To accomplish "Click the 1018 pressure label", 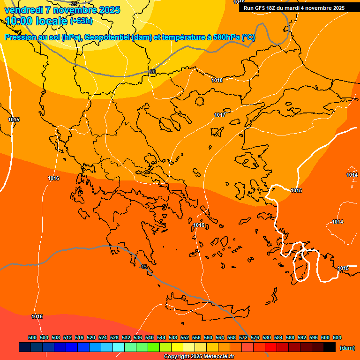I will click(217, 80).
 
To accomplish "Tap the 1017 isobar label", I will click(220, 115).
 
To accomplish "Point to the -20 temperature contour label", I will click(152, 72).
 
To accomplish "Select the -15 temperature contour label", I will click(144, 267).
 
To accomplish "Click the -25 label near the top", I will click(74, 4).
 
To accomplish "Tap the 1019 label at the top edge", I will click(239, 2).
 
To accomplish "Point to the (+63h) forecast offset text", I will click(81, 21).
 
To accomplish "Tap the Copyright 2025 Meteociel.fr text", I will click(199, 356).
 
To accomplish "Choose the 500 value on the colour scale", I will click(32, 337).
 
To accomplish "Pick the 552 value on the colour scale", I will click(185, 337).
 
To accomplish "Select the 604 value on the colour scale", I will click(337, 337).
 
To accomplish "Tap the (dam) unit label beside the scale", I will click(347, 348).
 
